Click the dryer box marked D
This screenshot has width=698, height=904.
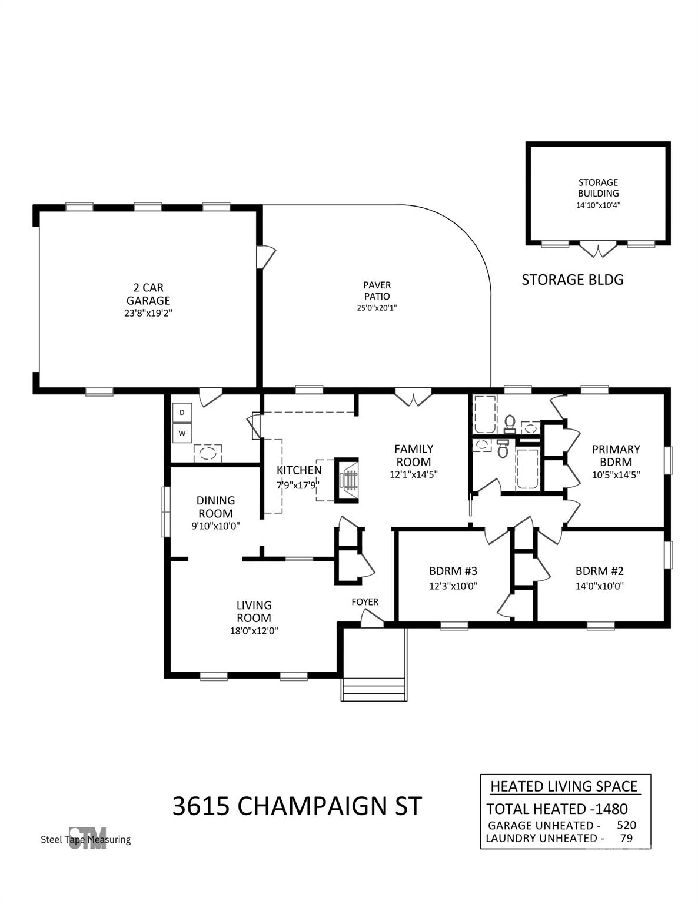pos(182,412)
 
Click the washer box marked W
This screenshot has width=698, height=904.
pos(182,433)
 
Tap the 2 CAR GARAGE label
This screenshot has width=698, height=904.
pos(148,294)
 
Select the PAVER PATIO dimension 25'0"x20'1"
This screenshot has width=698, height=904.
pos(377,308)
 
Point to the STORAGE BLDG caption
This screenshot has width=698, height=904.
pos(573,280)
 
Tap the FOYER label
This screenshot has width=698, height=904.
pos(365,602)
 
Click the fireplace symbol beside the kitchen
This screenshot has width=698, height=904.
pos(347,481)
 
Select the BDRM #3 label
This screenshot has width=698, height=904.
pos(453,571)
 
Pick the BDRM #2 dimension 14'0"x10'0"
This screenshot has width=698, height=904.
pos(599,586)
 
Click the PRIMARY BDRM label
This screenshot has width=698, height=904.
pos(616,456)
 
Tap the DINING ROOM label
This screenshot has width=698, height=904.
pos(215,507)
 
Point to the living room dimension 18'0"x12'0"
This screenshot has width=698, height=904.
pos(254,631)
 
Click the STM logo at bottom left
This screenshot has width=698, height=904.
pos(87,838)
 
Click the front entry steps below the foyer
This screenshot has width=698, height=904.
pos(374,689)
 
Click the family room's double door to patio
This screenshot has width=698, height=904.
pos(413,397)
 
